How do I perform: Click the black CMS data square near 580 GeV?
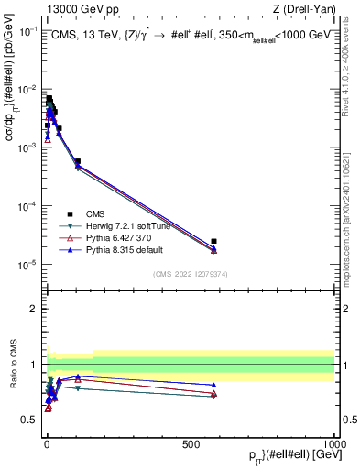[213, 241]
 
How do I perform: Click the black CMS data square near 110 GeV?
[78, 161]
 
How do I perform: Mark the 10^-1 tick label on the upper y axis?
[27, 30]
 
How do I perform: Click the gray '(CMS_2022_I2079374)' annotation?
[190, 273]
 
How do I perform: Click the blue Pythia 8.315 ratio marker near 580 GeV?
[213, 386]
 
